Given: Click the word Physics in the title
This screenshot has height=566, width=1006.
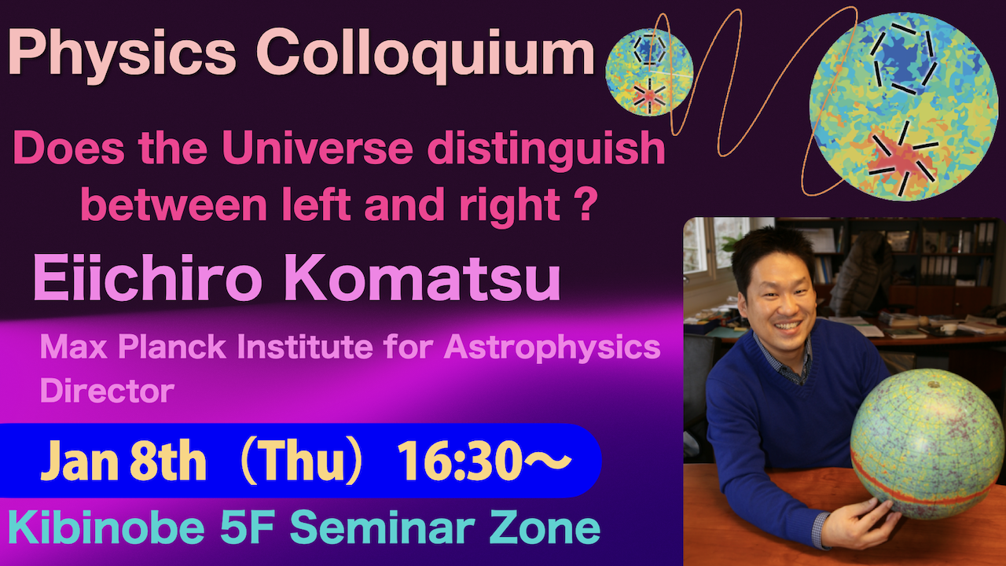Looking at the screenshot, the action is coord(122,55).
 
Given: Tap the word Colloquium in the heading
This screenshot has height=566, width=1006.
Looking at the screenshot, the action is coord(425,54).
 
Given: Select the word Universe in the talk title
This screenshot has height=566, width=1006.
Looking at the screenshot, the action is coord(317,149).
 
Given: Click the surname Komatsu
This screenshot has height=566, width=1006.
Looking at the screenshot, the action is coord(423,278).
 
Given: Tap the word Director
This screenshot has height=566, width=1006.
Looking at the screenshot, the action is coord(107,391).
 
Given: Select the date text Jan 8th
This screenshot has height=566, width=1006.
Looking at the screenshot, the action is coord(123,461).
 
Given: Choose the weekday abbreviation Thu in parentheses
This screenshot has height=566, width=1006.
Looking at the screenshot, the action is coord(301,461).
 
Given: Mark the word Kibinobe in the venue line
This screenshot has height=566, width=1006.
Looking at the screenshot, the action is coord(106,528).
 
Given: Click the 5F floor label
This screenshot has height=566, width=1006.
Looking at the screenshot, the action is coord(247,528).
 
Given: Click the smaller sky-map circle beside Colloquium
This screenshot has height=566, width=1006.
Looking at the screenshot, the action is coord(649,73).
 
